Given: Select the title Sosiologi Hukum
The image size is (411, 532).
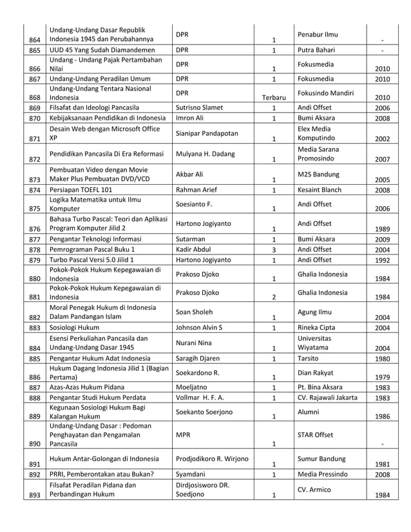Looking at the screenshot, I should click(x=75, y=327).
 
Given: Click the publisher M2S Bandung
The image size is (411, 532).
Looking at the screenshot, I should click(x=318, y=173).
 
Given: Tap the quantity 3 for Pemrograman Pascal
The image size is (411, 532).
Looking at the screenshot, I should click(x=274, y=249).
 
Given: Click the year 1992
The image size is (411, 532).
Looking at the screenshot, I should click(x=382, y=260).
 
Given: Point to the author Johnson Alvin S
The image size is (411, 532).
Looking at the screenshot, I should click(x=199, y=327).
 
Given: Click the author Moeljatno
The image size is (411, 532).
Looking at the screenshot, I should click(x=191, y=387).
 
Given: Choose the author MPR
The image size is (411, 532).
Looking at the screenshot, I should click(x=182, y=435).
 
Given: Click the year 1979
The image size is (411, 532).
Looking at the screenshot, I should click(x=382, y=377).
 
